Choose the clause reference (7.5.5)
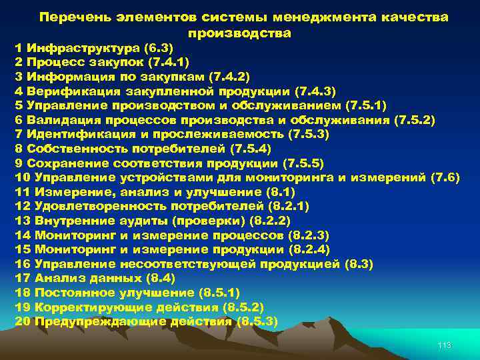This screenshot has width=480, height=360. coord(303,163)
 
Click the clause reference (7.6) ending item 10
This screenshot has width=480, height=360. coord(445,178)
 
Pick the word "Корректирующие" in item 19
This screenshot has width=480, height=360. coord(79,307)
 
